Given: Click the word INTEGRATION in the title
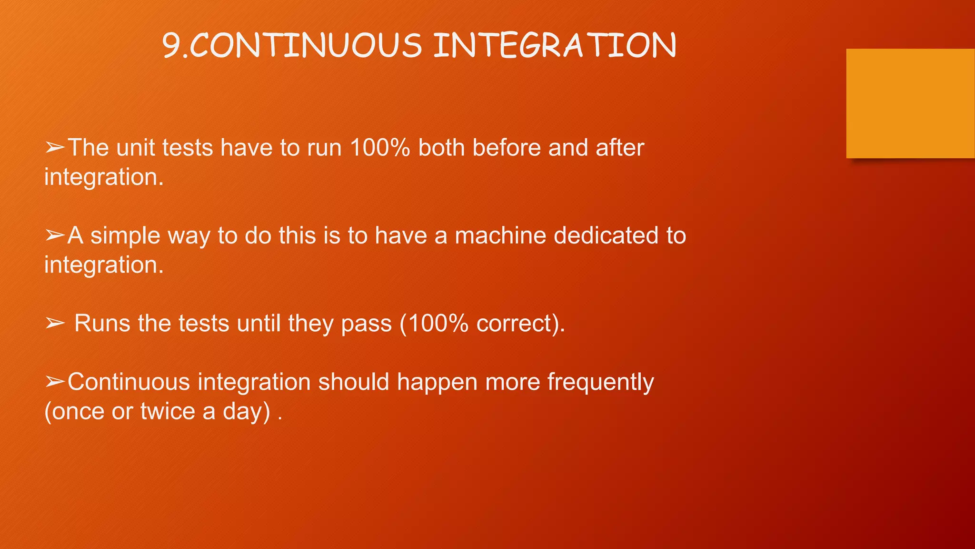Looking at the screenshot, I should pyautogui.click(x=555, y=46).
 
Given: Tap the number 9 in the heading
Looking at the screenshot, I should pyautogui.click(x=171, y=46).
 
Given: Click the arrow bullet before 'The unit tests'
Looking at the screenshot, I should pyautogui.click(x=55, y=148).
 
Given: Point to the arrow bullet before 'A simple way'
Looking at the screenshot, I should pyautogui.click(x=55, y=235).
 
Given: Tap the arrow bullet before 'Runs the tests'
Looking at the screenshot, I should pyautogui.click(x=55, y=324).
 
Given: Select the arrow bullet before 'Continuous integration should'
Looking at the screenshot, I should pyautogui.click(x=55, y=382).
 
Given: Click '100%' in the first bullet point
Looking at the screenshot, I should pyautogui.click(x=380, y=148).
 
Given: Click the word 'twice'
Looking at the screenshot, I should pyautogui.click(x=168, y=411).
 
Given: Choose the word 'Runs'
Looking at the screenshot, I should pyautogui.click(x=102, y=324).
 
